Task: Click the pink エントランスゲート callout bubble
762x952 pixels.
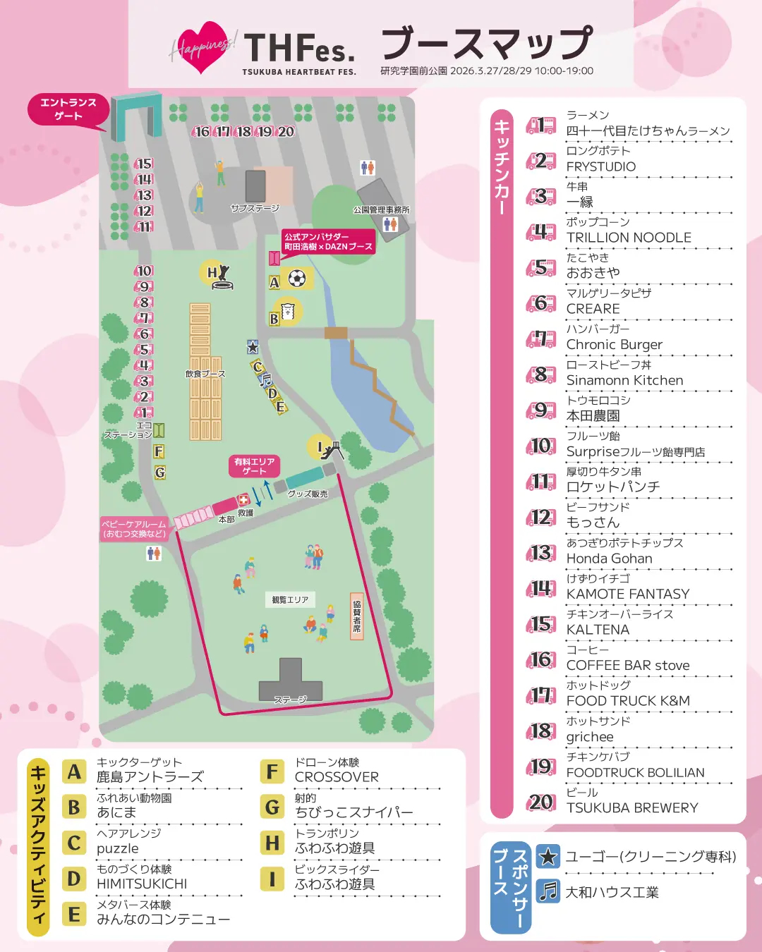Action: (68, 109)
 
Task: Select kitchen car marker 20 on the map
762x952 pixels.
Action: (286, 132)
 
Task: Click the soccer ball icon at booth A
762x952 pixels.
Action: (297, 279)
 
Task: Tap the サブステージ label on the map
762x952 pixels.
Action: (255, 209)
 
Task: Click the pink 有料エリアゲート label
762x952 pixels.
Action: (254, 465)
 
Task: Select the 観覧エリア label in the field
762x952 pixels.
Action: (290, 600)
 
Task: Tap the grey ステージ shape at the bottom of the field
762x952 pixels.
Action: (290, 684)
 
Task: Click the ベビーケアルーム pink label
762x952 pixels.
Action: (134, 529)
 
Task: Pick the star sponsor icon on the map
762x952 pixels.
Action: (253, 347)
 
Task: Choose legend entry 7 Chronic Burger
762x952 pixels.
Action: (614, 345)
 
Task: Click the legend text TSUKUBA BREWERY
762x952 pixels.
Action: (632, 808)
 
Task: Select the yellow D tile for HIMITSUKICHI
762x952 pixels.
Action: (74, 879)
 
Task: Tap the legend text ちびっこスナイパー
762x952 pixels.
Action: (354, 812)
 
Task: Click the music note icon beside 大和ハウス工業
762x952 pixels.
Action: (548, 891)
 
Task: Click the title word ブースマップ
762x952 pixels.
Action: (487, 44)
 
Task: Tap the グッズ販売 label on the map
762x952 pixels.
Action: (308, 494)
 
